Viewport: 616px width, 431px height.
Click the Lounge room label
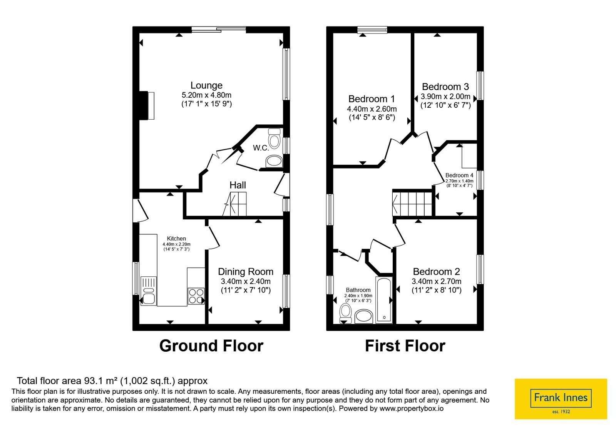206,85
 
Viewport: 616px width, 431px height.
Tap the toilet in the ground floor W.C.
274,138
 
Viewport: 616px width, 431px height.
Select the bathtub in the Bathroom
384,300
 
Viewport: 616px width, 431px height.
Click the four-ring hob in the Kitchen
196,296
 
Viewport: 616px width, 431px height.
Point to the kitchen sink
149,291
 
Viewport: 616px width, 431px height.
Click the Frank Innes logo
561,399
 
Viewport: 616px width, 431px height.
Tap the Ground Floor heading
211,346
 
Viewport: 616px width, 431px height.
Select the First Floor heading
405,346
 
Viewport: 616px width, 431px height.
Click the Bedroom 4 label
459,175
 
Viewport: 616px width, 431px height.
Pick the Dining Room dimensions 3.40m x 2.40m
246,281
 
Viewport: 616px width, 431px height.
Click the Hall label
238,185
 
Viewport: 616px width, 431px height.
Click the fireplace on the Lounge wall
147,105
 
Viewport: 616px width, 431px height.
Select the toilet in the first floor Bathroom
346,314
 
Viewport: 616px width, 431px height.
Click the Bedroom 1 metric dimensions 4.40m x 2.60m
372,109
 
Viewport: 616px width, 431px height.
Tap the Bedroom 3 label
445,87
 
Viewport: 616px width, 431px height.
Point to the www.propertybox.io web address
412,408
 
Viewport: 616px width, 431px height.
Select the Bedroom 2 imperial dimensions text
437,290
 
